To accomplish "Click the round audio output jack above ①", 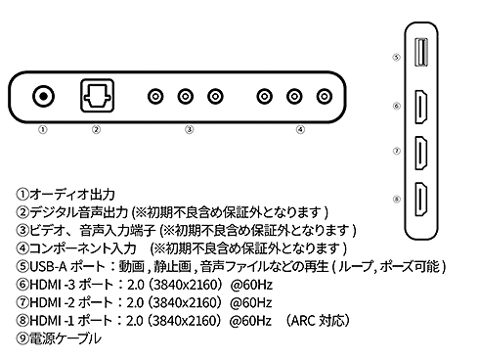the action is coord(43,96).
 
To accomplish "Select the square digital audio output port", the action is coord(97,96).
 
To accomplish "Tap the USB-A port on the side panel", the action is coord(420,53).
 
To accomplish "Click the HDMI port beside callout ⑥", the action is coord(421,107).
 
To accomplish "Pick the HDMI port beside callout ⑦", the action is coord(421,153).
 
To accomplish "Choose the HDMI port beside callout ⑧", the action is coord(421,200).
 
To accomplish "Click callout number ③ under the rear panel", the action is coord(190,130).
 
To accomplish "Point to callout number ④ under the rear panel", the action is coord(300,130).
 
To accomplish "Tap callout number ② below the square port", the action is coord(96,130).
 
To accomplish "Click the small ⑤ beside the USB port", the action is coord(396,58).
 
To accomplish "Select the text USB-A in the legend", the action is coord(48,267).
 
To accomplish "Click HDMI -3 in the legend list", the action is coord(53,285).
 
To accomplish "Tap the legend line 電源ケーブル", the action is coord(65,338).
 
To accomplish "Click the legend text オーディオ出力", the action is coord(72,195).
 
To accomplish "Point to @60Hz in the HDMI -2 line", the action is coord(250,302).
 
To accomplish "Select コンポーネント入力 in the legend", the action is coord(83,248).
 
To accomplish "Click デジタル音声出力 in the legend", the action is coord(78,212).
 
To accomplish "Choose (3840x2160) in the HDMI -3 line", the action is coord(185,285).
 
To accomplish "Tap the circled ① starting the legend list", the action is coord(22,195).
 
